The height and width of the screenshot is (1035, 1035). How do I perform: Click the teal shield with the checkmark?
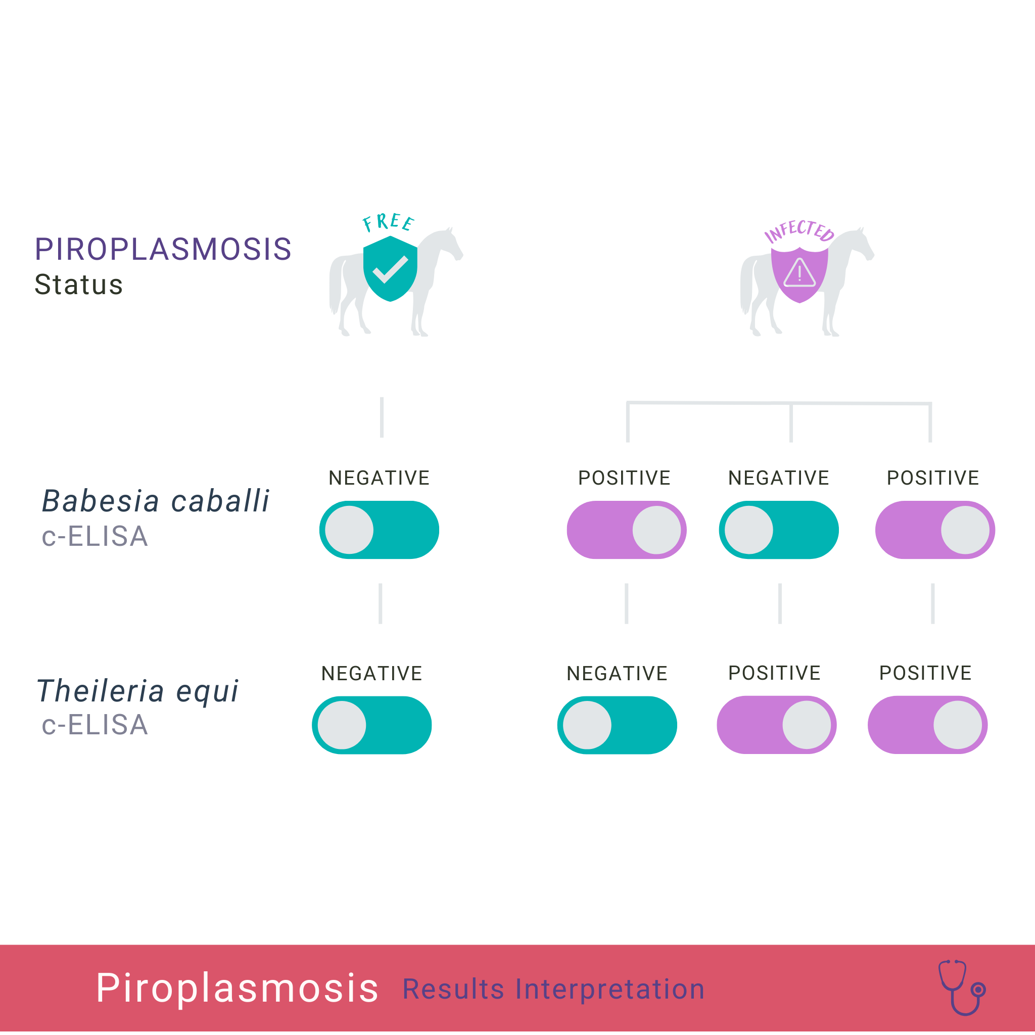[x=390, y=268]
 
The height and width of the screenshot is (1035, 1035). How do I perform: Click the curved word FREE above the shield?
[x=389, y=222]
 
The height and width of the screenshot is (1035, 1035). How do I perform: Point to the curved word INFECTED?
[x=799, y=231]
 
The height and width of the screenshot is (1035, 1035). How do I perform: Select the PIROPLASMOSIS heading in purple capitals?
[x=163, y=249]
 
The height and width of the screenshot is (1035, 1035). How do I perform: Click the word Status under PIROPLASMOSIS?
[x=79, y=285]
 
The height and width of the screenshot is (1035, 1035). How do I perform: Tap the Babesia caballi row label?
[x=155, y=501]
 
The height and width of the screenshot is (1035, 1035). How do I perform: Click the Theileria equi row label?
[x=137, y=690]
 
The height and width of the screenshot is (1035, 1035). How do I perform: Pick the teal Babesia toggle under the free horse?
[x=380, y=530]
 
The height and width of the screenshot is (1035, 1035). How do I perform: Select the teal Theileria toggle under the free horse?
[x=372, y=725]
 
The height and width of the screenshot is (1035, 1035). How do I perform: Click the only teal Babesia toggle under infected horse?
[x=779, y=530]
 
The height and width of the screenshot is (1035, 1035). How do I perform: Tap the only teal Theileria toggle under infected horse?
[x=617, y=725]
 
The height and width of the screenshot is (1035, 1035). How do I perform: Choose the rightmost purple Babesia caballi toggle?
[x=935, y=530]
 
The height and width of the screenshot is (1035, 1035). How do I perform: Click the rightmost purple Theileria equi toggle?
[x=928, y=725]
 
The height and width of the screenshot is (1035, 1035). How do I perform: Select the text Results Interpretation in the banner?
[x=553, y=989]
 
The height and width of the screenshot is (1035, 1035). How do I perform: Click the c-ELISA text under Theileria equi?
[x=95, y=725]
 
